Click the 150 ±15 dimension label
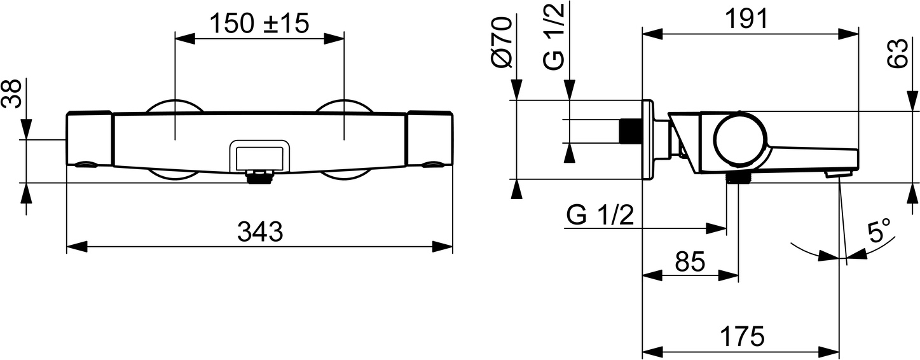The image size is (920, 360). (x=259, y=23)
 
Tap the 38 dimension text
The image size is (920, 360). (x=11, y=94)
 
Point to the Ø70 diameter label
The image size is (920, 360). (x=502, y=42)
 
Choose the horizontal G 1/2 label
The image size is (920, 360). (x=600, y=215)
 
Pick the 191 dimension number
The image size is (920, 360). (x=746, y=19)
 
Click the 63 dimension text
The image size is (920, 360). (x=896, y=53)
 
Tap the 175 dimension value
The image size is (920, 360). (x=742, y=336)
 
